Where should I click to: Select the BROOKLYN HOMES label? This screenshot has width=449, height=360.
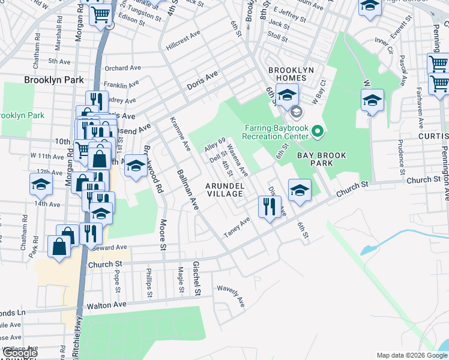(291, 70)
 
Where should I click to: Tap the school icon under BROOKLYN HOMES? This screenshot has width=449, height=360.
(287, 95)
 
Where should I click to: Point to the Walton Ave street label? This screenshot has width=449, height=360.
(106, 305)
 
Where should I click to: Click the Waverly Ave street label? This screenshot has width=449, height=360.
(232, 296)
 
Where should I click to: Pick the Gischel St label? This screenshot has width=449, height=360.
(196, 278)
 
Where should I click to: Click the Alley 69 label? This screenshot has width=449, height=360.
(214, 145)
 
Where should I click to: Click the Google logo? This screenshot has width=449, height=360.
(19, 353)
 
